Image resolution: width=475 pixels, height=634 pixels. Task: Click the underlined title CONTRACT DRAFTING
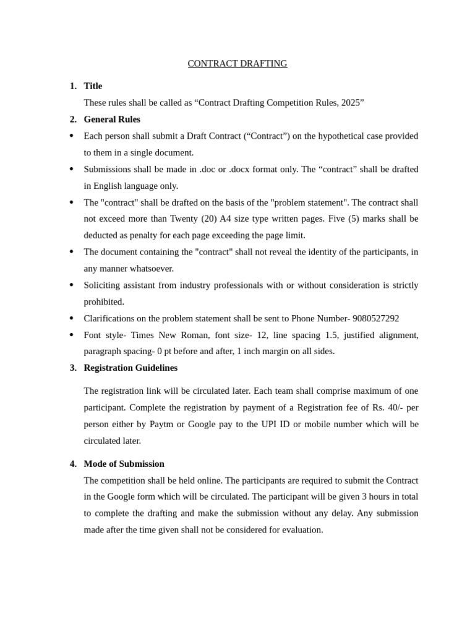pos(237,64)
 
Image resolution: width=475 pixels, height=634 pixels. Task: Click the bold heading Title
pos(93,86)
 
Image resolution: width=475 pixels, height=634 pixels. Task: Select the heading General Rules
pos(112,119)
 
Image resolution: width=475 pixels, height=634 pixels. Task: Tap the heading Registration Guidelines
pos(131,368)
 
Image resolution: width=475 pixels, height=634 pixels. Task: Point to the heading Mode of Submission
pos(124,464)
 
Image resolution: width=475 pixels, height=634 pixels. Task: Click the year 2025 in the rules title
pos(351,103)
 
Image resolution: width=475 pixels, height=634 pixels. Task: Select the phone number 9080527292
pos(375,318)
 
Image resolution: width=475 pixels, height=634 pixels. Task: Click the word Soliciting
pos(103,285)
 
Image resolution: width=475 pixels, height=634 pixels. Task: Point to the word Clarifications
pos(109,318)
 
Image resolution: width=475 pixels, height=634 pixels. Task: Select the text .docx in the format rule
pos(240,169)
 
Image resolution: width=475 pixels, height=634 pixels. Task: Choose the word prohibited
pos(104,302)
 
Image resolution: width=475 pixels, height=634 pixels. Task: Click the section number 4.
pos(73,464)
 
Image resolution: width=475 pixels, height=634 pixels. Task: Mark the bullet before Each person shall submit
pos(72,136)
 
